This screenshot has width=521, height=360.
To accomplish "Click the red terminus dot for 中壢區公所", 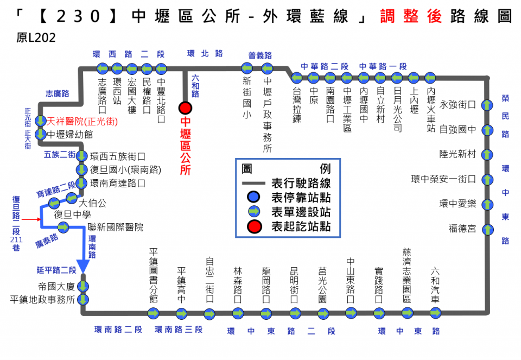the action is click(x=185, y=108).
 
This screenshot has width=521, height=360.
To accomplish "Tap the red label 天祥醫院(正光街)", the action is click(x=82, y=121).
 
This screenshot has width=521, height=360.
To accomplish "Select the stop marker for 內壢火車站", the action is click(x=430, y=78).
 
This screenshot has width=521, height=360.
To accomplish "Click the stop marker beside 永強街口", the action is click(x=487, y=105).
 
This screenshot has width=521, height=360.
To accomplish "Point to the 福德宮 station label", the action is click(x=462, y=229).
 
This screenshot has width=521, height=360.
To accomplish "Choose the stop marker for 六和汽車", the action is click(x=435, y=313).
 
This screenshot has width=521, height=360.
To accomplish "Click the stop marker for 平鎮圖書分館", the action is click(x=153, y=313).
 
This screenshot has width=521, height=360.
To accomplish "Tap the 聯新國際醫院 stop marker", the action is click(x=63, y=228).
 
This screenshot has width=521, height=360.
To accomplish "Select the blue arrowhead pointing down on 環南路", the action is click(x=83, y=266).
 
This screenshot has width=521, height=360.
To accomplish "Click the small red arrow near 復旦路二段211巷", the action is click(x=31, y=219).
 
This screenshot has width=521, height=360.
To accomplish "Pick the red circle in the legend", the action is click(x=254, y=227).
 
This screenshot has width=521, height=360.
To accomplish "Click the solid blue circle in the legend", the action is click(x=253, y=197).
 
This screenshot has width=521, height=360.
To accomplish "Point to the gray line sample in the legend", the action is click(x=253, y=183).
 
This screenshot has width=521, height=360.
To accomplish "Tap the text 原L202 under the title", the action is click(x=36, y=38).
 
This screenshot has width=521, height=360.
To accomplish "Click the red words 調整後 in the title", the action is click(x=411, y=16).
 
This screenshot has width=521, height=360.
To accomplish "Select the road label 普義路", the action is click(x=260, y=55).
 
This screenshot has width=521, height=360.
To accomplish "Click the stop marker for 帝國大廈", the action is click(x=83, y=286).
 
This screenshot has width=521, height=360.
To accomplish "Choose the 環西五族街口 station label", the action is click(x=118, y=156).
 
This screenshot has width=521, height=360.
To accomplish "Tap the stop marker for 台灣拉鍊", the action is click(x=296, y=78).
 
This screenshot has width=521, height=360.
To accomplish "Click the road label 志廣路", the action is click(x=57, y=94).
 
